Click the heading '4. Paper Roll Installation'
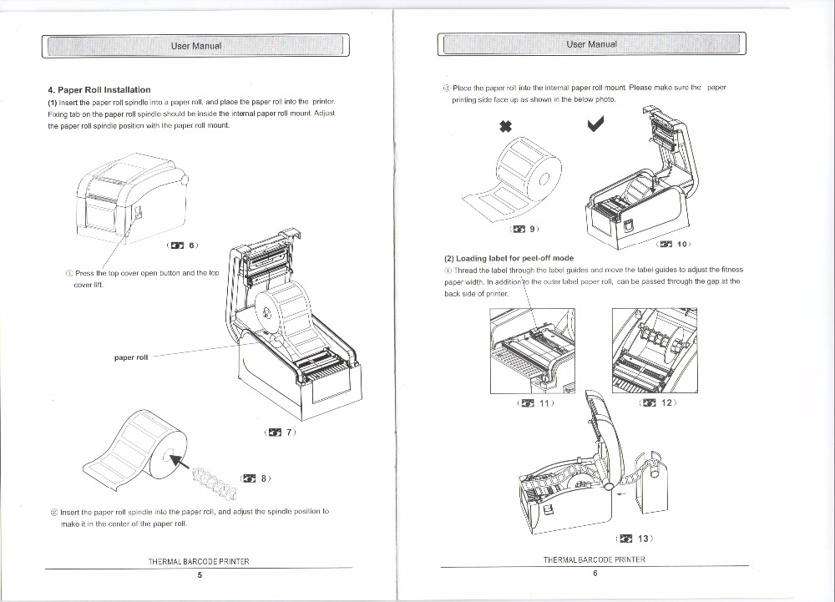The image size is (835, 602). click(x=99, y=89)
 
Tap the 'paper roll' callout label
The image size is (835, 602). click(x=131, y=357)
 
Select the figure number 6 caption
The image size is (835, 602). click(x=183, y=245)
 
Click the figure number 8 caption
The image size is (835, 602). click(x=255, y=478)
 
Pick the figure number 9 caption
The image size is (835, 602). click(x=525, y=227)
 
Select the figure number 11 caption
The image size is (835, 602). click(x=535, y=403)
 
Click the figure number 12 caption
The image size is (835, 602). click(x=658, y=403)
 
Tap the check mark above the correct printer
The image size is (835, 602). click(x=595, y=125)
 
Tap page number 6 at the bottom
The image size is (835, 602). click(x=595, y=573)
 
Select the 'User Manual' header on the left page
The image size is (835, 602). click(x=196, y=45)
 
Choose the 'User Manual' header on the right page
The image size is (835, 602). click(x=591, y=44)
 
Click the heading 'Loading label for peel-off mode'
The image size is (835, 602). click(x=509, y=259)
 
